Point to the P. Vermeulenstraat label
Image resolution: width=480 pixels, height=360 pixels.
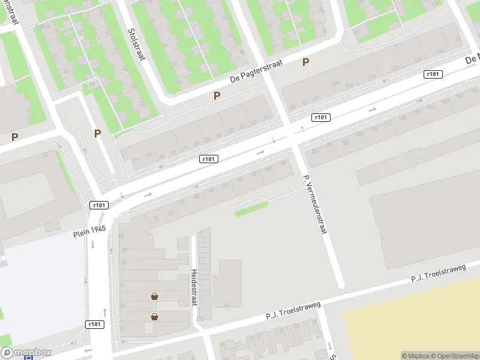[x=316, y=204]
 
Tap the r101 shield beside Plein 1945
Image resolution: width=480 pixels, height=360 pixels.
[x=99, y=205]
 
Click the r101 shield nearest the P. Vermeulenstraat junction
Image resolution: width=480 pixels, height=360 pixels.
[x=321, y=118]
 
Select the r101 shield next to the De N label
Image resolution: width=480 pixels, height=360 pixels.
[x=432, y=74]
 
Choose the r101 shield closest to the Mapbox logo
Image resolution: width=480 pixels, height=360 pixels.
[x=95, y=325]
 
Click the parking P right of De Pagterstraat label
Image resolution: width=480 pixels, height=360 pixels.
[x=306, y=62]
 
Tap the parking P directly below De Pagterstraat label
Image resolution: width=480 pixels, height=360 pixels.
[x=217, y=95]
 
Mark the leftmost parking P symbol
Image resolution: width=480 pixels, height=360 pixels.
[x=14, y=137]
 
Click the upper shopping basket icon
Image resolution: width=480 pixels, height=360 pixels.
[x=155, y=296]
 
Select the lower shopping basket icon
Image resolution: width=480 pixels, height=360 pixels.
[x=155, y=317]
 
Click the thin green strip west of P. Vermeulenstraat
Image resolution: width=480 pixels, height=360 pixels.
[x=251, y=208]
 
